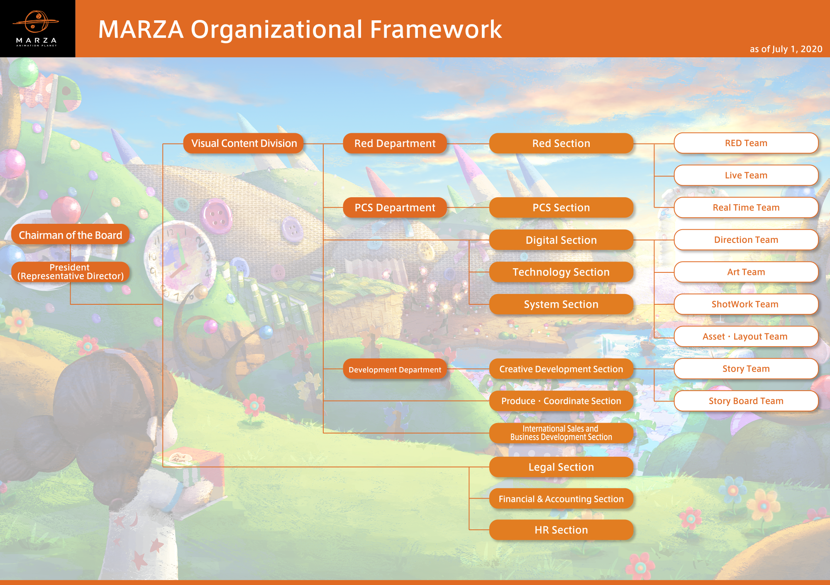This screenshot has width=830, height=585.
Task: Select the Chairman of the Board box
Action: click(71, 235)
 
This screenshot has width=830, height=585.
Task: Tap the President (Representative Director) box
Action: click(71, 272)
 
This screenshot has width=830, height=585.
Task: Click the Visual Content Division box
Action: click(244, 143)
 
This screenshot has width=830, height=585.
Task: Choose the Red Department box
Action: click(395, 143)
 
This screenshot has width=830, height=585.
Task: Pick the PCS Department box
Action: click(395, 208)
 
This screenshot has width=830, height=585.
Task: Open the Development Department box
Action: click(395, 369)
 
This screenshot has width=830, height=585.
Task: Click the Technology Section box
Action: click(561, 272)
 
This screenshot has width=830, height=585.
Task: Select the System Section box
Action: click(561, 304)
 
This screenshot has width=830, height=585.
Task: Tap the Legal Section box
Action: click(561, 467)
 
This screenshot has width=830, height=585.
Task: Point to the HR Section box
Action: click(561, 530)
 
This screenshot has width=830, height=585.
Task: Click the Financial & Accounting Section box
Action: click(561, 499)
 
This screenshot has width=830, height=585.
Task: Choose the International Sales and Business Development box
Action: click(561, 433)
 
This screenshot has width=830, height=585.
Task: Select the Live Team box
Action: click(746, 175)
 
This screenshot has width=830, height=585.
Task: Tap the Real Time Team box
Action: click(746, 208)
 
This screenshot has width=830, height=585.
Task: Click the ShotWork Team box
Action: click(746, 304)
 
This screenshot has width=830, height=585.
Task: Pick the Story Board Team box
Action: click(746, 401)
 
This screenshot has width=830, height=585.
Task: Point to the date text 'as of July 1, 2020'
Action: click(786, 49)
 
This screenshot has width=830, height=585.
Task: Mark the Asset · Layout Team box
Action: click(746, 336)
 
